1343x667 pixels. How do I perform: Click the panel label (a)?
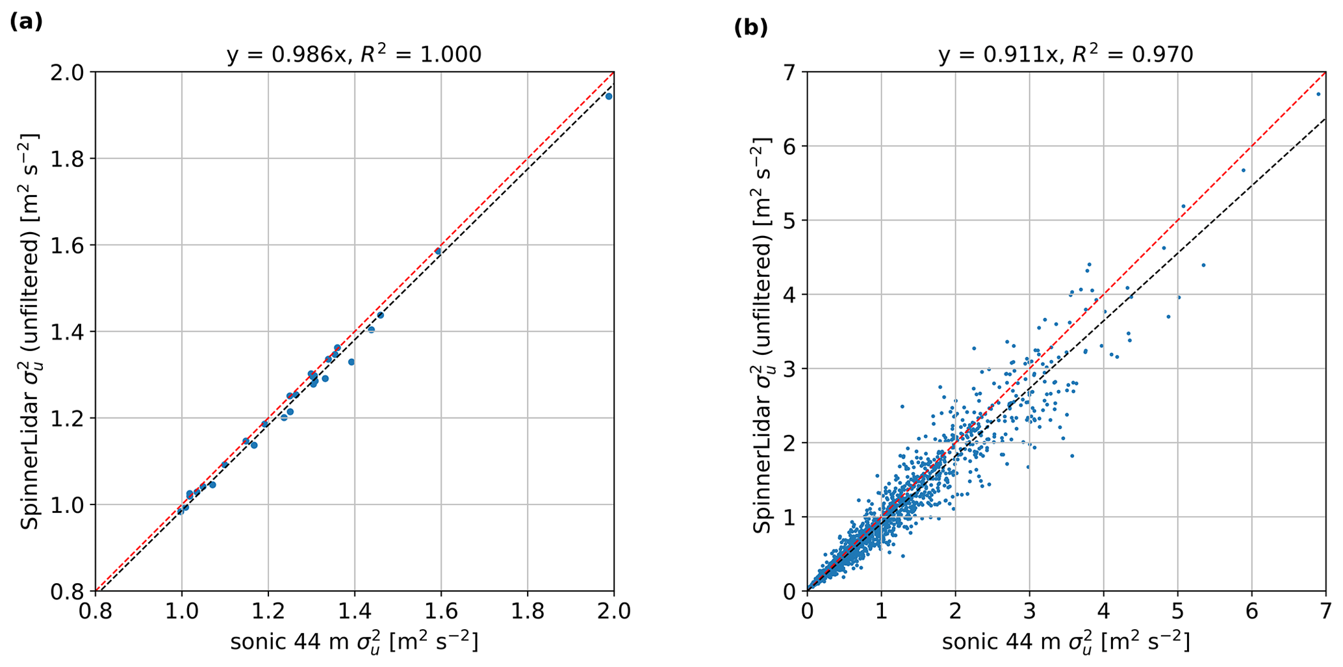pyautogui.click(x=26, y=22)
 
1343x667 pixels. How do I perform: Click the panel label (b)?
pyautogui.click(x=750, y=28)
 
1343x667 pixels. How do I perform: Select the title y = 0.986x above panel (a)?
pyautogui.click(x=354, y=55)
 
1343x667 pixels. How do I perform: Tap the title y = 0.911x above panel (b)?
pyautogui.click(x=1066, y=55)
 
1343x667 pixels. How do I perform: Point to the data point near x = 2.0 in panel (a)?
pyautogui.click(x=609, y=96)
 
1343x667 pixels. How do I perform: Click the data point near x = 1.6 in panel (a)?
pyautogui.click(x=438, y=251)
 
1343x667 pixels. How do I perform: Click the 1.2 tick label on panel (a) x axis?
pyautogui.click(x=268, y=611)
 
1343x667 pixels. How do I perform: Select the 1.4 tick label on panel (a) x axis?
pyautogui.click(x=354, y=611)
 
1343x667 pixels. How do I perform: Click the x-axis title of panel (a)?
pyautogui.click(x=354, y=642)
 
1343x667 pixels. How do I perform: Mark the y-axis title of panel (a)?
pyautogui.click(x=29, y=331)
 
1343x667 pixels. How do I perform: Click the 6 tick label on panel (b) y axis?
pyautogui.click(x=789, y=146)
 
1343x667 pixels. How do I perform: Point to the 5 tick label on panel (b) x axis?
pyautogui.click(x=1177, y=611)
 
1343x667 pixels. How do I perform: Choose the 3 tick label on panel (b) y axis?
pyautogui.click(x=789, y=369)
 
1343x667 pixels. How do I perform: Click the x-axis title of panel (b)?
pyautogui.click(x=1066, y=642)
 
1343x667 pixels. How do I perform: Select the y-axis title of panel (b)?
pyautogui.click(x=761, y=331)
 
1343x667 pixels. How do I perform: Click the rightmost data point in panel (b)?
pyautogui.click(x=1318, y=94)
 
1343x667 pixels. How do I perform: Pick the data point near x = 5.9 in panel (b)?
pyautogui.click(x=1244, y=170)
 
